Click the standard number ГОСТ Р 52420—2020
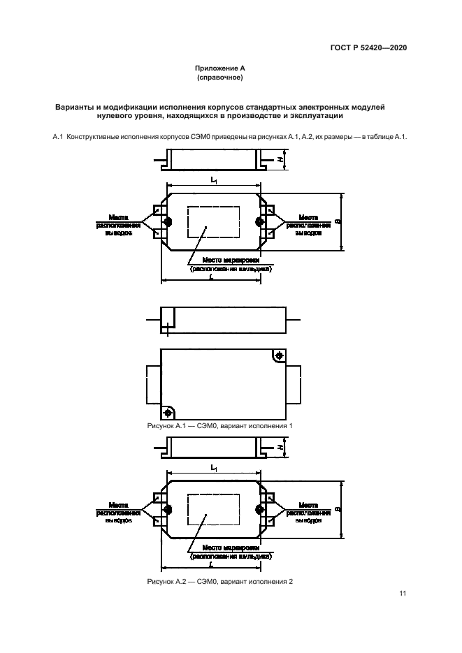[x=370, y=47]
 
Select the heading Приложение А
[x=220, y=69]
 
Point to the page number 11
[x=403, y=594]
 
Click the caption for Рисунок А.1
[x=219, y=425]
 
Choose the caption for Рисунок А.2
[x=219, y=582]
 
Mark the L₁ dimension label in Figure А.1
[x=213, y=180]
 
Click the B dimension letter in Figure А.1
[x=338, y=222]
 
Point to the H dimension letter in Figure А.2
[x=280, y=446]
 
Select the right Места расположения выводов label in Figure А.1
[x=308, y=225]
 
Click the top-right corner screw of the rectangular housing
[x=279, y=356]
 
